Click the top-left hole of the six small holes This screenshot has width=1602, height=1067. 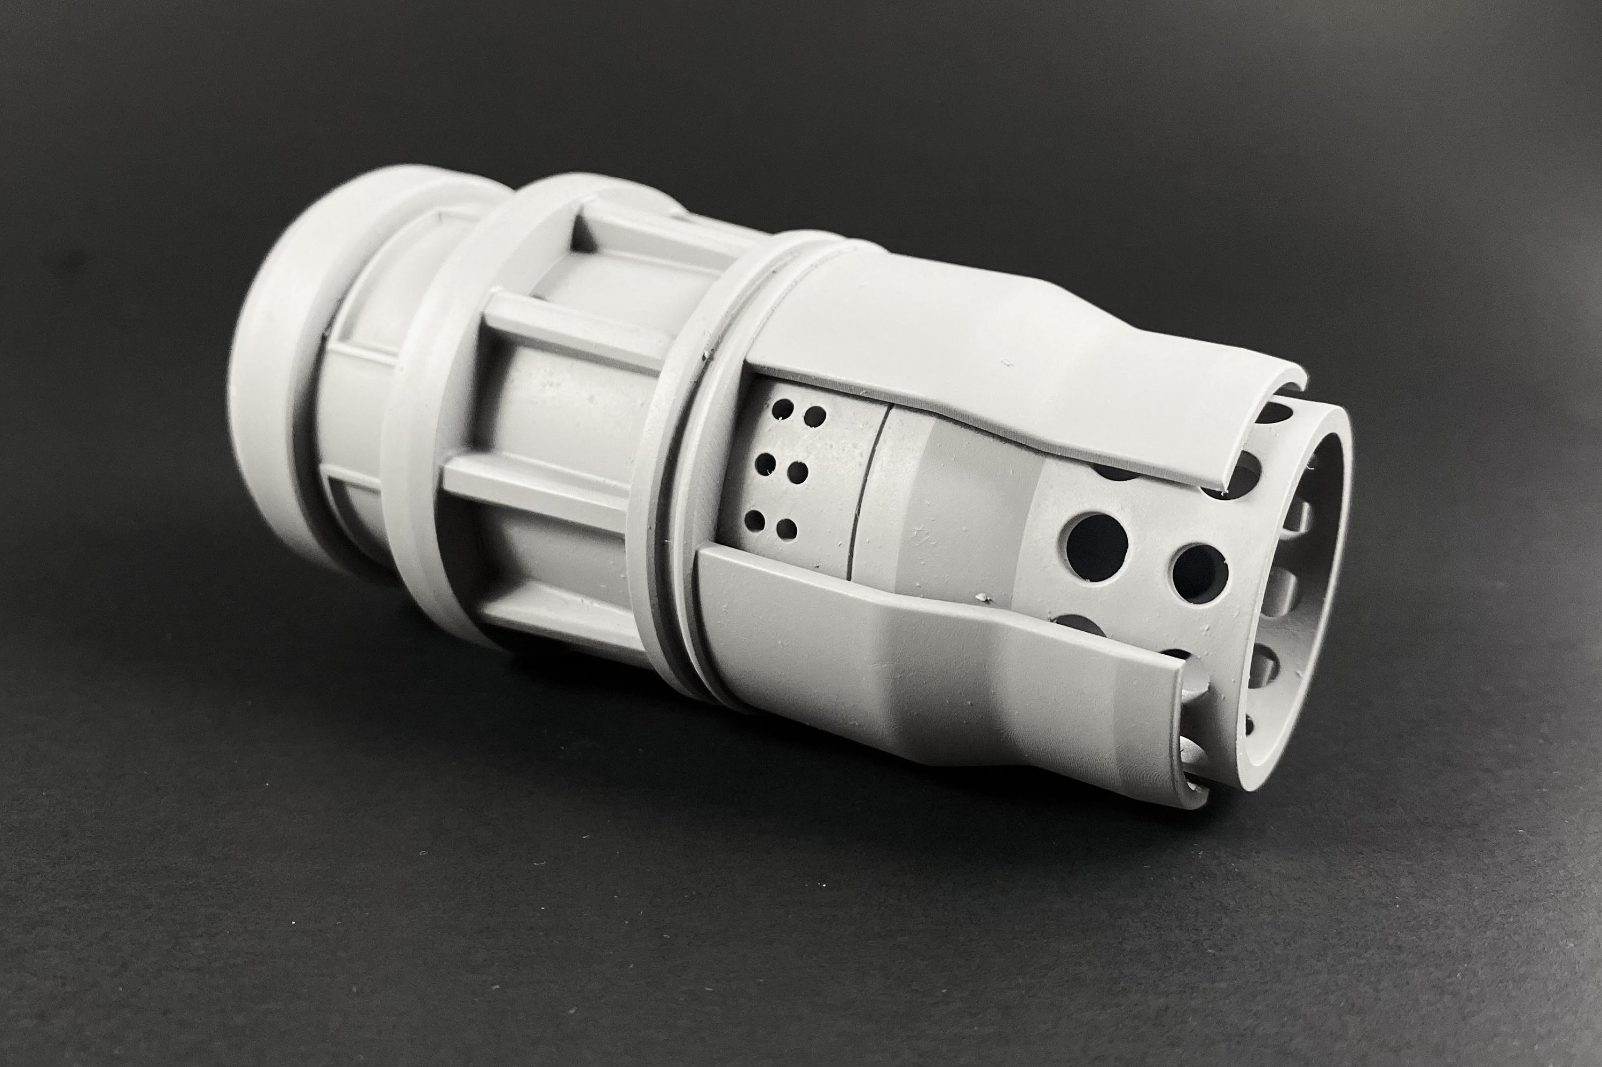coord(784,409)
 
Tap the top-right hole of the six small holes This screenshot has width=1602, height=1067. coord(814,416)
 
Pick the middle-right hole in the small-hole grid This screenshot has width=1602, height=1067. coord(799,472)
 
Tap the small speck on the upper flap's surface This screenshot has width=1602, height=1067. coord(1008,365)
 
